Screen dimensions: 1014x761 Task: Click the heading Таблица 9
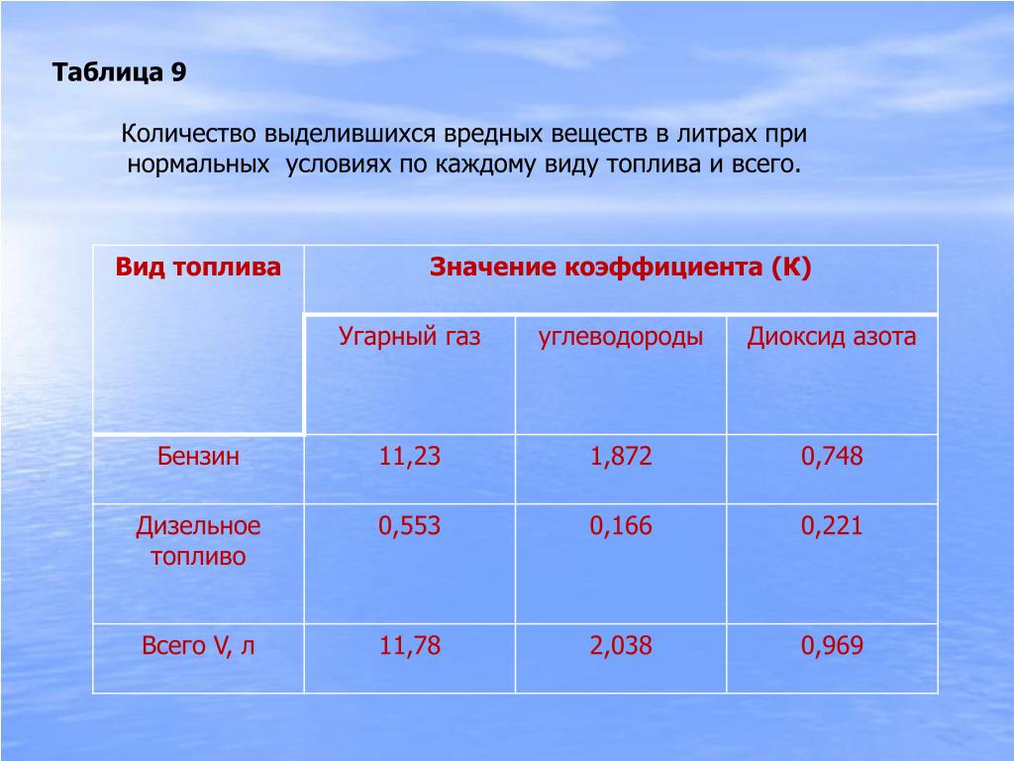[120, 71]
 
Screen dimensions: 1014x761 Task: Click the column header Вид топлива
[198, 267]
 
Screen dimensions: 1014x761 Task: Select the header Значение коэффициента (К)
[620, 267]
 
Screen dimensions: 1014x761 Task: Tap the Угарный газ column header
[409, 337]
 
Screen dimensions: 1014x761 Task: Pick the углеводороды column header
[620, 337]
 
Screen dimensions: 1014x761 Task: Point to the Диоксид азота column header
[832, 337]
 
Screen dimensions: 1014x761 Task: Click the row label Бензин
[198, 456]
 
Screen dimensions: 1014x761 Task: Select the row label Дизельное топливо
[198, 540]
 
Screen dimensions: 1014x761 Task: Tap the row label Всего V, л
[198, 646]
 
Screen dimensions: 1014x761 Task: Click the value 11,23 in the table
[409, 456]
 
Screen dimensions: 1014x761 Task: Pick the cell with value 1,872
[620, 456]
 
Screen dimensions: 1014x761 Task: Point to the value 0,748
[832, 456]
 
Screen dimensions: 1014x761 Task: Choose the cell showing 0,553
[409, 525]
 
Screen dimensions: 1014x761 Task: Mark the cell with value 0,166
[620, 525]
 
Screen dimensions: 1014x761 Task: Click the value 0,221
[832, 525]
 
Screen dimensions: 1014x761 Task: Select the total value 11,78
[409, 646]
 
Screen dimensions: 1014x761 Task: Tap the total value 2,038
[620, 646]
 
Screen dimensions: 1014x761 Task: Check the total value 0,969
[832, 646]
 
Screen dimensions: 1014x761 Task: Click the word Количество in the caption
[189, 134]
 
